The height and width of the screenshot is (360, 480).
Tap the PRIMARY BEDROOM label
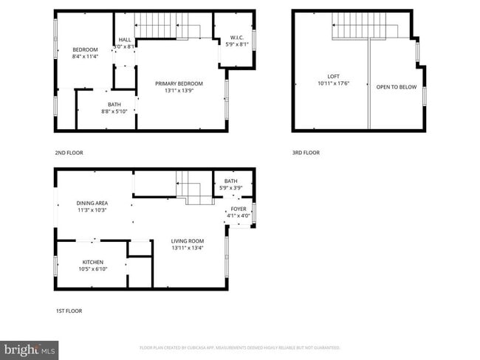[179, 83]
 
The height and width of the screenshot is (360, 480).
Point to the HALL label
[125, 40]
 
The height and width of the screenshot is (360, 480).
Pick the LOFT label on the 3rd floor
[334, 76]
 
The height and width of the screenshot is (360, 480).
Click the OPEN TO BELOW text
[397, 87]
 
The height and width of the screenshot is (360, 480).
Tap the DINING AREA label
[92, 203]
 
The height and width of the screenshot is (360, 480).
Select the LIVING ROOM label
[188, 240]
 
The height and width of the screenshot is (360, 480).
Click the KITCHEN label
[93, 262]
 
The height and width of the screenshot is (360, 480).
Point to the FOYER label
[239, 209]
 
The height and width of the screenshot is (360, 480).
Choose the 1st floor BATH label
[231, 181]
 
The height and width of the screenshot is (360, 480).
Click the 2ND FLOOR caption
[69, 153]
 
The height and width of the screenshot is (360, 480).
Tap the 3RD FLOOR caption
[306, 153]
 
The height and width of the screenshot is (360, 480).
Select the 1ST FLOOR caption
[69, 311]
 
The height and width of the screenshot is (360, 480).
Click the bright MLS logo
[30, 347]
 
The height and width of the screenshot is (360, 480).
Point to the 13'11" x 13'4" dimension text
[188, 248]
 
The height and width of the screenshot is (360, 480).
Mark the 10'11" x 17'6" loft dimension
[334, 83]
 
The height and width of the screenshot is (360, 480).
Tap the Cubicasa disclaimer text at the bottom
[239, 347]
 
